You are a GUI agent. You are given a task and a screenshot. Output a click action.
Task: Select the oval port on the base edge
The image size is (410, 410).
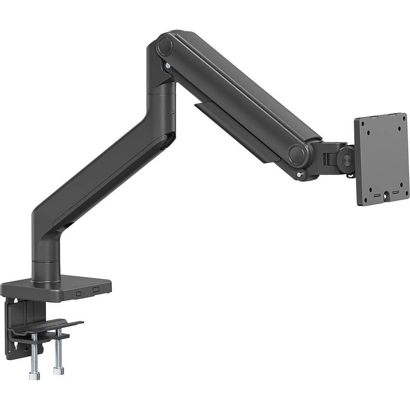pos(78,294)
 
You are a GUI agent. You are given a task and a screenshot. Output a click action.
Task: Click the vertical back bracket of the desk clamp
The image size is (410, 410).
pos(16,324)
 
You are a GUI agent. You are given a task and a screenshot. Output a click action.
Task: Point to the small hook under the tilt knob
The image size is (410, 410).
pos(349,175)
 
